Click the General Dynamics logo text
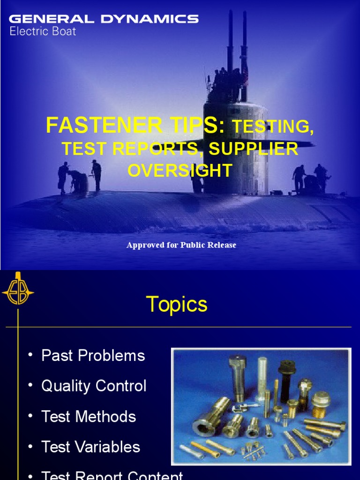point(104,19)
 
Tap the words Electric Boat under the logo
point(43,32)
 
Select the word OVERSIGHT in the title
point(180,171)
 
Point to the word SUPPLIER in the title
point(254,149)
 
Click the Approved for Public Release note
point(181,245)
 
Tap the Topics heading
point(177,305)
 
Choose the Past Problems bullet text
point(93,355)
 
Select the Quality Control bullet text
point(94,386)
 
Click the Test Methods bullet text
point(89,416)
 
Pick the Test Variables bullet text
point(90,447)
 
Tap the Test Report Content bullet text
point(112,475)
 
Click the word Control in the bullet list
point(120,386)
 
